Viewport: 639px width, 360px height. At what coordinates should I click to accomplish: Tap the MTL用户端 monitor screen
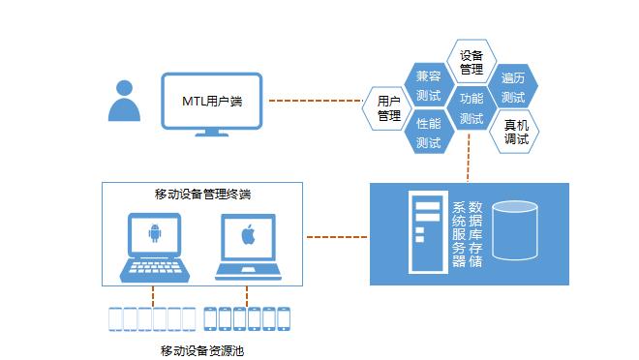pyautogui.click(x=213, y=101)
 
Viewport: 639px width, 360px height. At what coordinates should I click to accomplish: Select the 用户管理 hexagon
pyautogui.click(x=388, y=107)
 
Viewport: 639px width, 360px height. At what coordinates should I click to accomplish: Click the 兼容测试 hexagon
pyautogui.click(x=428, y=86)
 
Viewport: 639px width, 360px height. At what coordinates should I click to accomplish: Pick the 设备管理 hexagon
pyautogui.click(x=472, y=61)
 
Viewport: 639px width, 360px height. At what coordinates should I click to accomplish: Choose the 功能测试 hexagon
pyautogui.click(x=472, y=108)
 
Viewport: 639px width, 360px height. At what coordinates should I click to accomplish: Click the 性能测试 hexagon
pyautogui.click(x=428, y=133)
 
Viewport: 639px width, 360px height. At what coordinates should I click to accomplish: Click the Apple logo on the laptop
pyautogui.click(x=248, y=234)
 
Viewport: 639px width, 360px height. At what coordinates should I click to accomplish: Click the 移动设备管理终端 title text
pyautogui.click(x=202, y=194)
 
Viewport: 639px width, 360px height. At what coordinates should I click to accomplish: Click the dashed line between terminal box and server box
pyautogui.click(x=337, y=234)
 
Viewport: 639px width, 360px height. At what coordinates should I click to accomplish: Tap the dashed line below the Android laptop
pyautogui.click(x=153, y=292)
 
